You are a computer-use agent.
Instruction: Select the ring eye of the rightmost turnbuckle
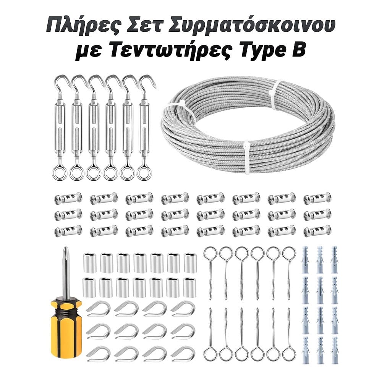(x=144, y=173)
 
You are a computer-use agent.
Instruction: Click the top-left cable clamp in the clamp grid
(x=68, y=198)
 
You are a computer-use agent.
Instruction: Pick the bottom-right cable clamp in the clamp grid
(x=317, y=231)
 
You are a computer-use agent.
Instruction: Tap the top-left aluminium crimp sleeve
(x=90, y=263)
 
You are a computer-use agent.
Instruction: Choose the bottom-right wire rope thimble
(x=183, y=354)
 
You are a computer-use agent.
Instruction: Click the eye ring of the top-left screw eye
(x=210, y=254)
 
